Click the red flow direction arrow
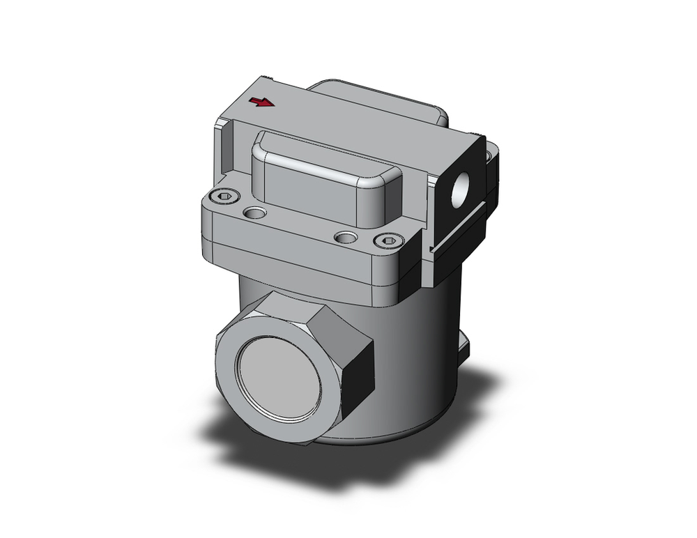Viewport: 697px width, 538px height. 262,103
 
